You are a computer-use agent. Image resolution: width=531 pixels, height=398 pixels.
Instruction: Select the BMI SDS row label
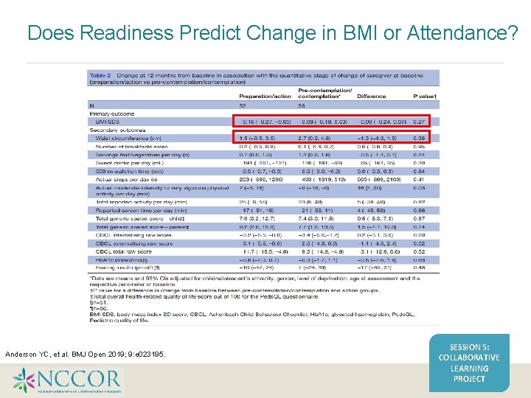108,121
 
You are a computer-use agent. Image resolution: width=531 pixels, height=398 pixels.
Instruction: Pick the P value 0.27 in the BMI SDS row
420,121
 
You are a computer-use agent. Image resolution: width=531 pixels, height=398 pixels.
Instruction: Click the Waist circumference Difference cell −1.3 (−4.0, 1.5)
378,137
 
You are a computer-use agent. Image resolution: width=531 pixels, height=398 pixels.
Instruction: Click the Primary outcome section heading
109,113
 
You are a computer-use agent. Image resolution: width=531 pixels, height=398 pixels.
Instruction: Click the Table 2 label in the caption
100,74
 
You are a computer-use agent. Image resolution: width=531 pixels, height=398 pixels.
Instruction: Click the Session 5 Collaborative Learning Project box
469,362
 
